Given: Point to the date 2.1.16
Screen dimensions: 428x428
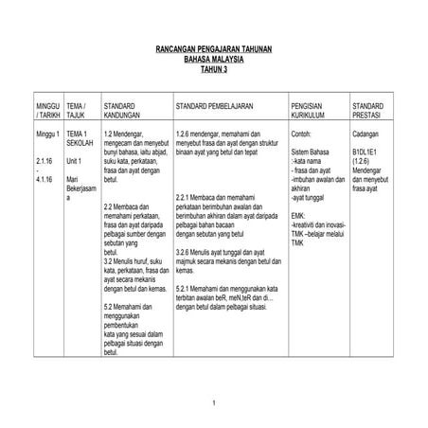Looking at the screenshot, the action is (44, 161).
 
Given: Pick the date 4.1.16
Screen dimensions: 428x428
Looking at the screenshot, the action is (44, 179).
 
